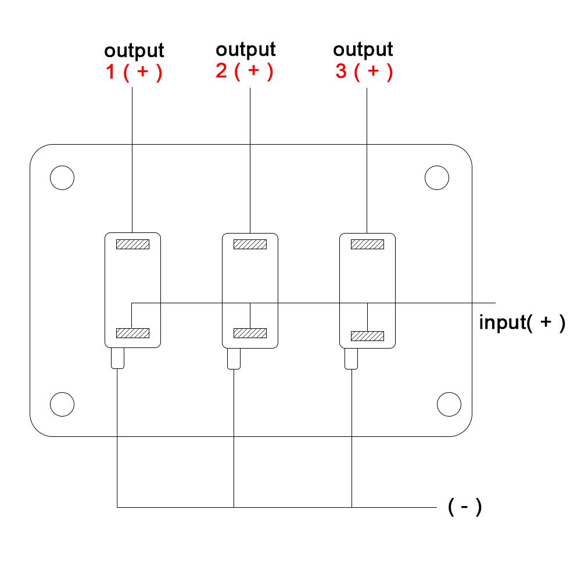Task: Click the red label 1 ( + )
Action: click(x=134, y=73)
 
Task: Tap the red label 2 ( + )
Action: click(x=245, y=71)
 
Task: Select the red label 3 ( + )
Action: click(x=364, y=71)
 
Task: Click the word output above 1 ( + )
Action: click(x=134, y=51)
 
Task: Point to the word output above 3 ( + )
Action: click(x=364, y=49)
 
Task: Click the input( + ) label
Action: click(x=521, y=322)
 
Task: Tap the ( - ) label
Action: click(x=465, y=507)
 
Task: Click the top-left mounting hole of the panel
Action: click(x=62, y=178)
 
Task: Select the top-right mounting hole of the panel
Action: click(x=437, y=178)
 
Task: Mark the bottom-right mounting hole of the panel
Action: click(x=449, y=403)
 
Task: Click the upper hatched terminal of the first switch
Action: click(x=133, y=245)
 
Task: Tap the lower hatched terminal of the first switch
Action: click(x=133, y=333)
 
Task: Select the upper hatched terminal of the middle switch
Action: click(x=250, y=245)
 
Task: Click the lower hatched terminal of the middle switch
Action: click(x=250, y=333)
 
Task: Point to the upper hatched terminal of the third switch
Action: click(x=367, y=245)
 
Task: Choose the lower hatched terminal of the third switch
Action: click(x=367, y=336)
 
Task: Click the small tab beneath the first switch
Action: click(x=117, y=358)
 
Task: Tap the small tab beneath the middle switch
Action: click(x=234, y=358)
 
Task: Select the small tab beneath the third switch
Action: click(x=352, y=358)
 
